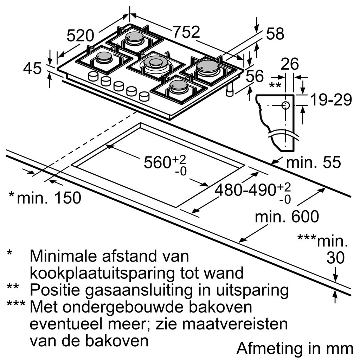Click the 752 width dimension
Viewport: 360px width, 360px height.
pyautogui.click(x=186, y=33)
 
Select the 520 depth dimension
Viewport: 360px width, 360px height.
pyautogui.click(x=81, y=36)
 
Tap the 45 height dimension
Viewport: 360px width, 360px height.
pyautogui.click(x=32, y=69)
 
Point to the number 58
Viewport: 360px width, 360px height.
pyautogui.click(x=275, y=34)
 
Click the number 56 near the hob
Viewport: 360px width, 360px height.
pyautogui.click(x=255, y=76)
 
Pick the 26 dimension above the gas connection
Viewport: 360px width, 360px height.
pyautogui.click(x=290, y=64)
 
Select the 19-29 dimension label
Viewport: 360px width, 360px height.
pyautogui.click(x=330, y=100)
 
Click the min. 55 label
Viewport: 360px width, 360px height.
pyautogui.click(x=313, y=162)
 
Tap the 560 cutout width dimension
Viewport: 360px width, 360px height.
pyautogui.click(x=160, y=162)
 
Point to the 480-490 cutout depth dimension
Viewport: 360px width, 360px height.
pyautogui.click(x=245, y=190)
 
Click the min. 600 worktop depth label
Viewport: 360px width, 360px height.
pyautogui.click(x=287, y=217)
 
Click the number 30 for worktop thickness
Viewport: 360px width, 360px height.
pyautogui.click(x=336, y=258)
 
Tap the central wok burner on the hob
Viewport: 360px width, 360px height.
pyautogui.click(x=155, y=64)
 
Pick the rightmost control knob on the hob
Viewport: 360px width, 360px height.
pyautogui.click(x=144, y=96)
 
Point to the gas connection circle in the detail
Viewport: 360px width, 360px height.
pyautogui.click(x=285, y=105)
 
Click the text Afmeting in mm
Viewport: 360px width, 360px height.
pyautogui.click(x=295, y=348)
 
